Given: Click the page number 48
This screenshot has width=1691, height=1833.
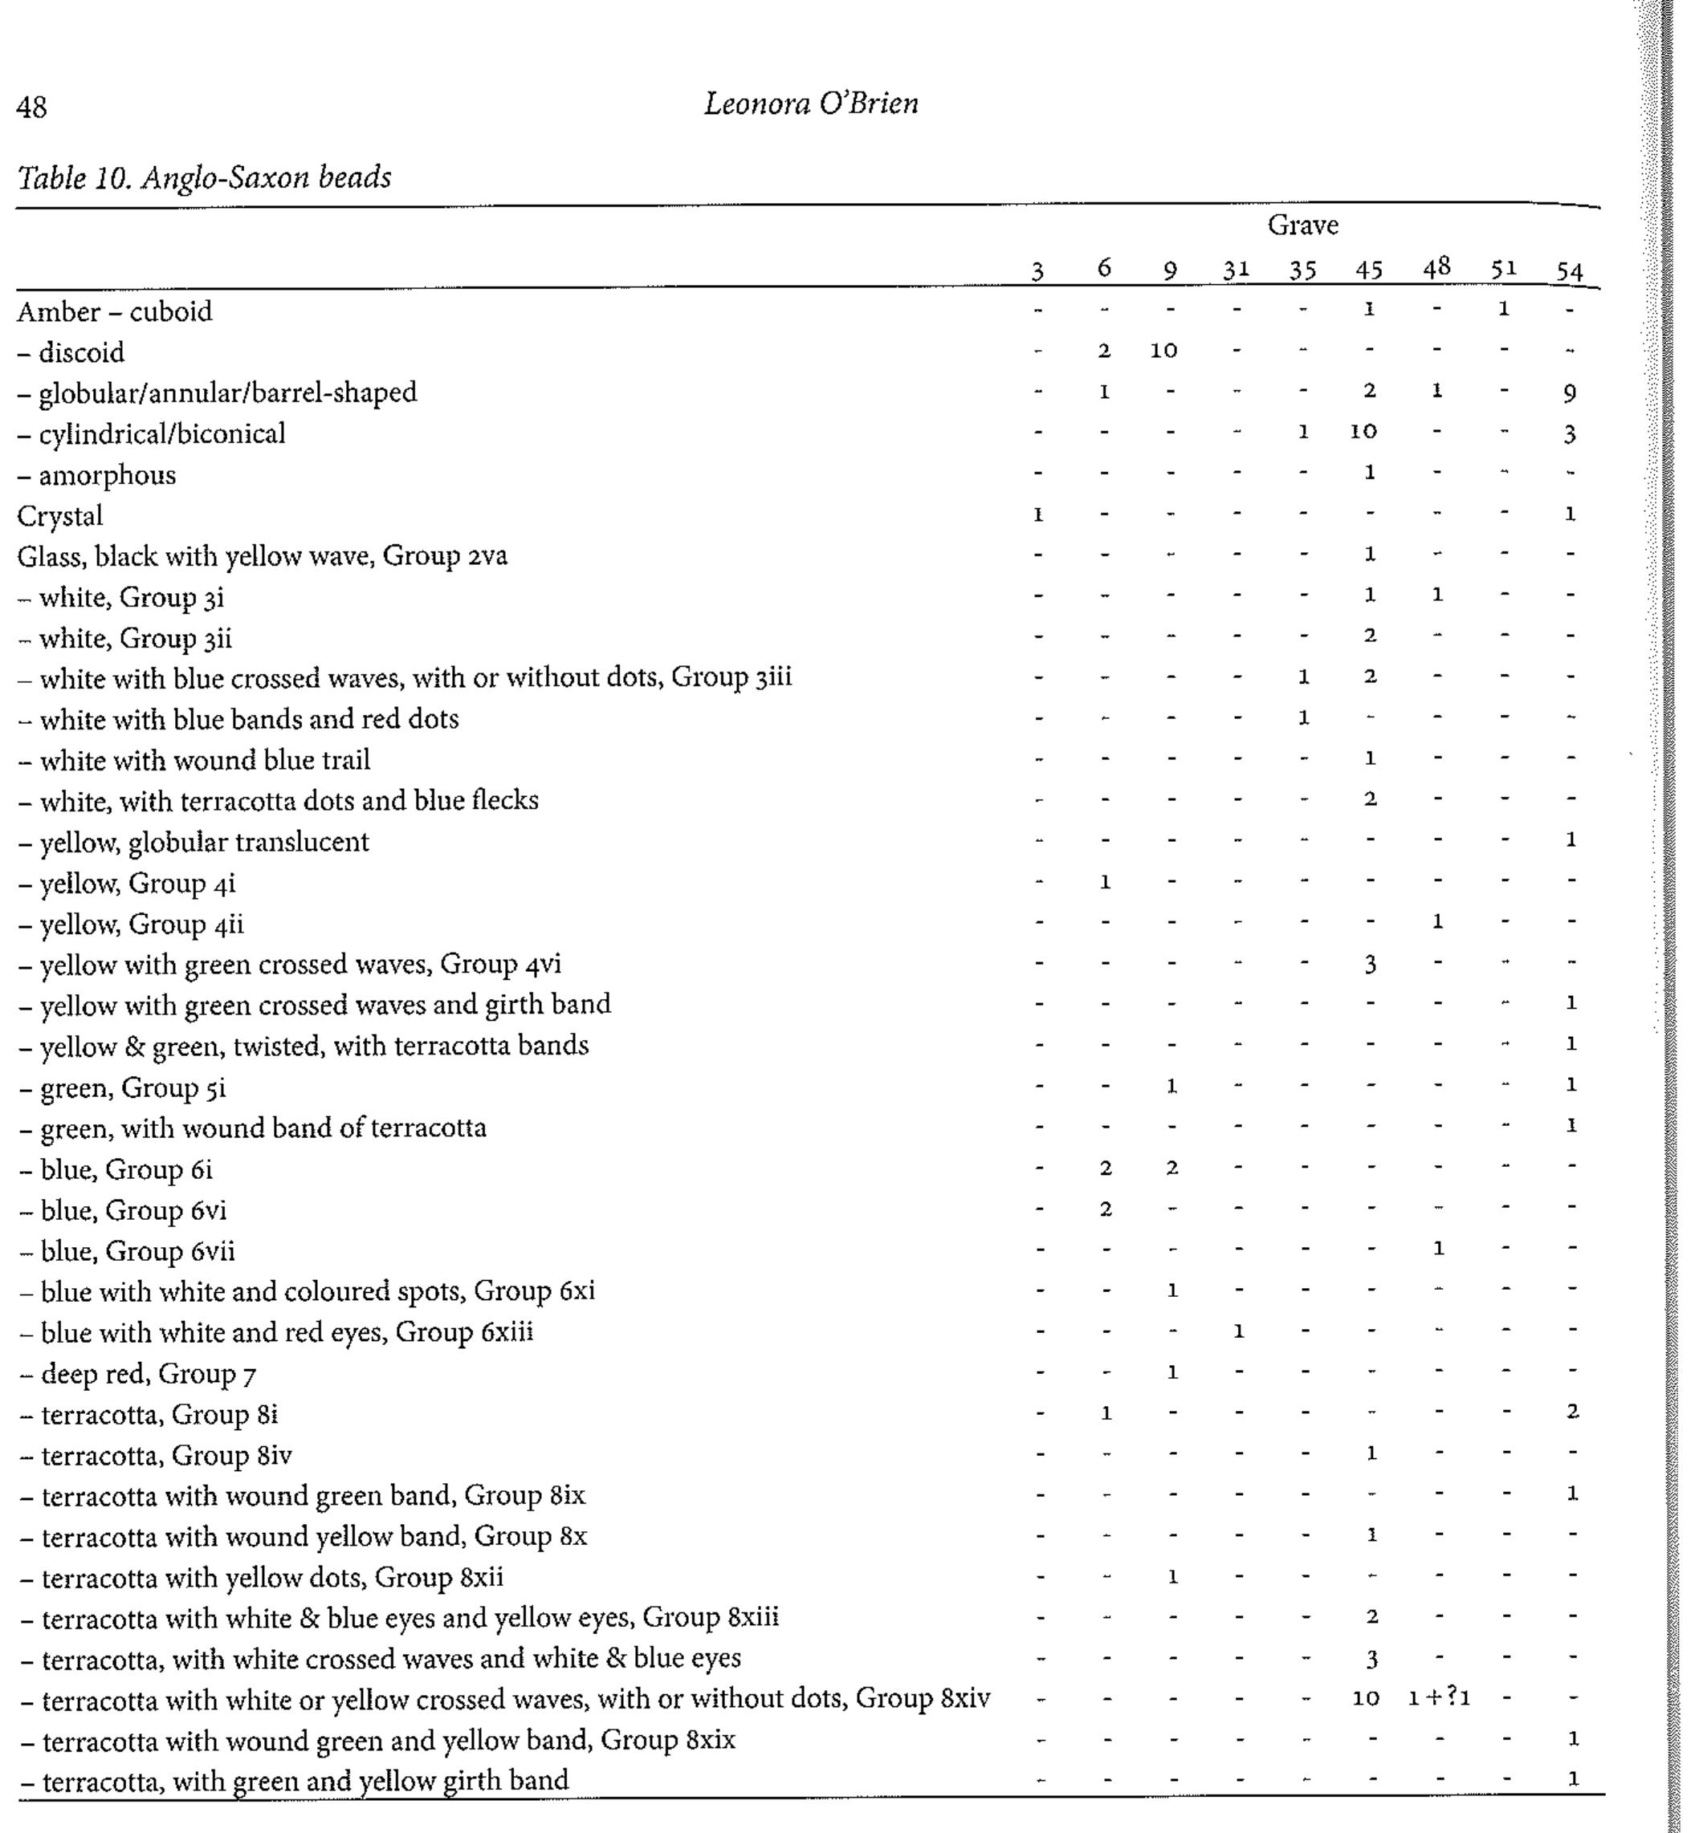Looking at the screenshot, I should click(31, 108).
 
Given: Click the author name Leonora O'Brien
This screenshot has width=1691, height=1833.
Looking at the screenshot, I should click(811, 104).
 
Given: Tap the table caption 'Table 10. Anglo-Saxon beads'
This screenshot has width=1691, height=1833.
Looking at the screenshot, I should click(204, 177).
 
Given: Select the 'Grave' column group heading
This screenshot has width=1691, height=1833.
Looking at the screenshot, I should click(1302, 225).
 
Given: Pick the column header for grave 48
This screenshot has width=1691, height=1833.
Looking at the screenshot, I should click(1436, 267).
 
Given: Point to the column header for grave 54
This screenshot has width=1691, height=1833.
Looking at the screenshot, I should click(1569, 270).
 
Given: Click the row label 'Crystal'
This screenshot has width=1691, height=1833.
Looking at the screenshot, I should click(59, 516).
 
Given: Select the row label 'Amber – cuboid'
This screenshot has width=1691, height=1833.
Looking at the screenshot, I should click(114, 312).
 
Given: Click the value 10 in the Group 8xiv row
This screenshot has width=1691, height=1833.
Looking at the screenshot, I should click(1365, 1698).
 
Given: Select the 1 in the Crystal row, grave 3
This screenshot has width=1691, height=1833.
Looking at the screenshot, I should click(1037, 515).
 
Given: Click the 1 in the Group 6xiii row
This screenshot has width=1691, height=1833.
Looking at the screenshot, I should click(1237, 1331).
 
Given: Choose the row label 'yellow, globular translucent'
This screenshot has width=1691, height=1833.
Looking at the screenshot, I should click(204, 842).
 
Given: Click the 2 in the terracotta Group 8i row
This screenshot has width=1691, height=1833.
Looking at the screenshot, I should click(1571, 1412).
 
